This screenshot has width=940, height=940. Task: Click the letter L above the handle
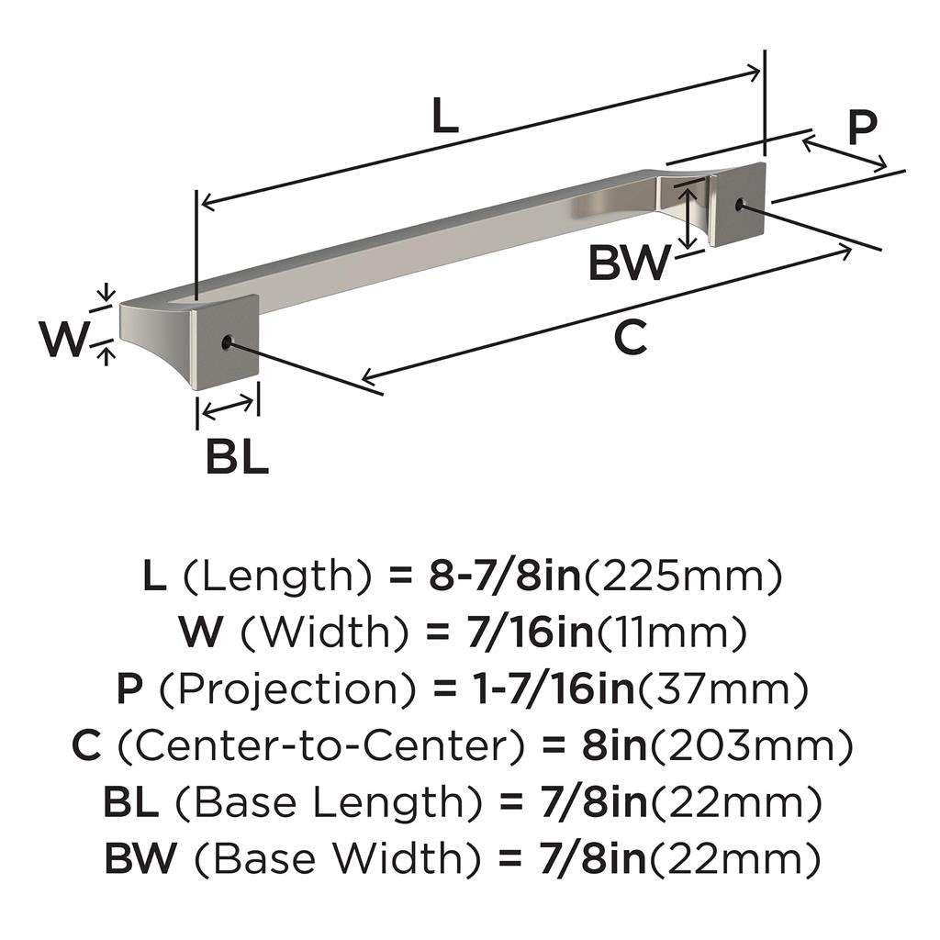pyautogui.click(x=443, y=117)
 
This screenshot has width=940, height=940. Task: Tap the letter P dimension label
pyautogui.click(x=861, y=129)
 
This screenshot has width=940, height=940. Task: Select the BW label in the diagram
pyautogui.click(x=630, y=264)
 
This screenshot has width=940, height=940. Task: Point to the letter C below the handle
pyautogui.click(x=630, y=338)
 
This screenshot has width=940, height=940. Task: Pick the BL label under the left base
pyautogui.click(x=236, y=456)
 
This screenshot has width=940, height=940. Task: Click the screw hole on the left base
pyautogui.click(x=226, y=343)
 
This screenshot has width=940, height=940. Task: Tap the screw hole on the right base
pyautogui.click(x=740, y=205)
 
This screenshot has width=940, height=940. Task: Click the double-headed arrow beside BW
pyautogui.click(x=687, y=215)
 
